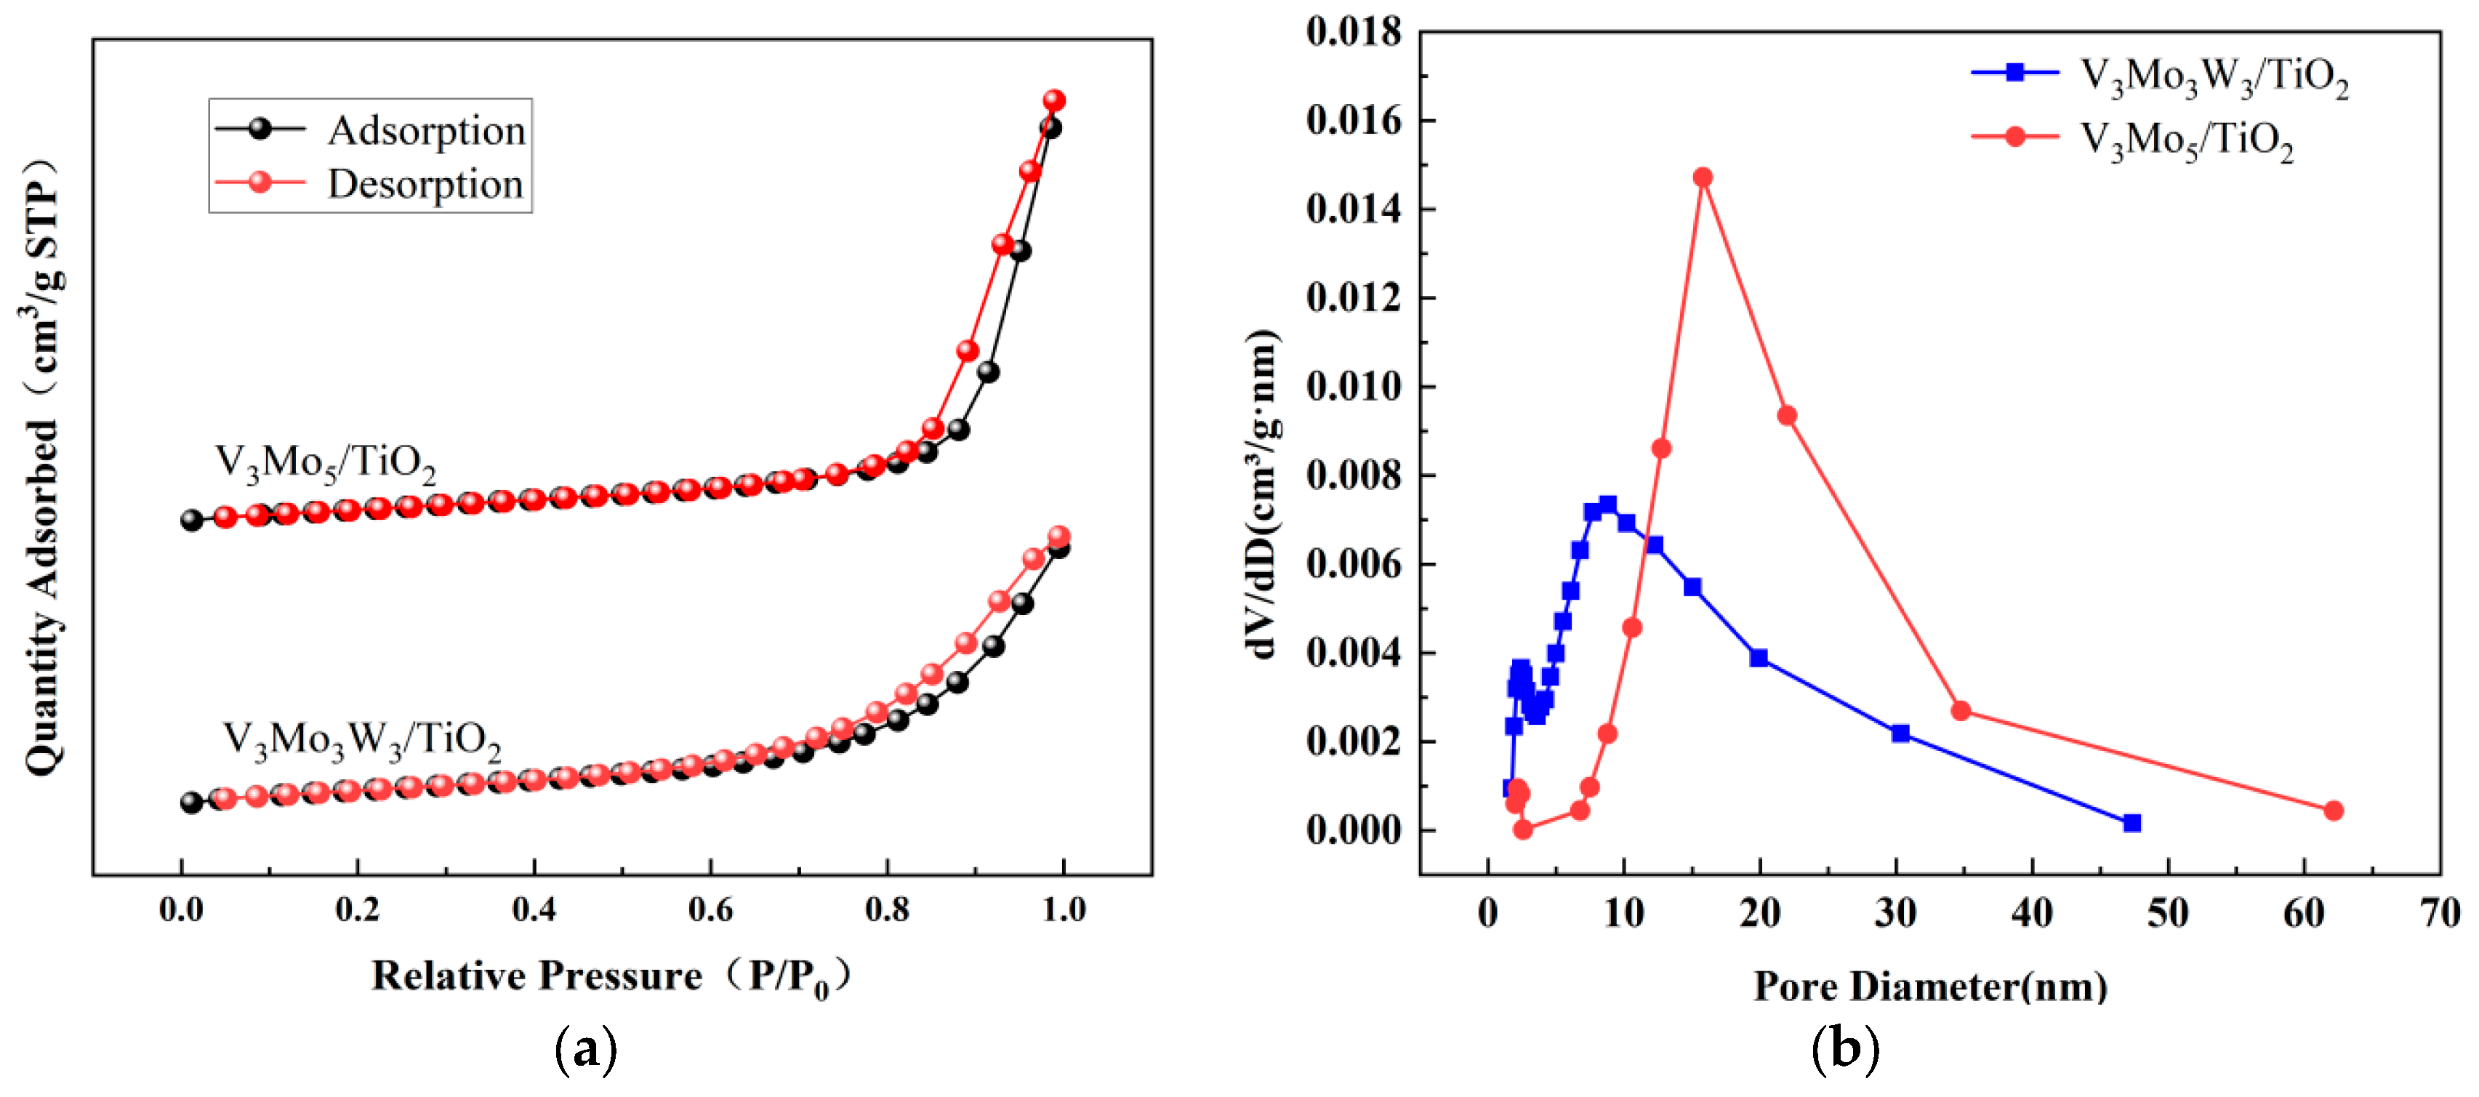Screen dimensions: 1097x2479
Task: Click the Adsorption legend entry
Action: (425, 130)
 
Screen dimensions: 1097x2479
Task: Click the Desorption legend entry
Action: (425, 184)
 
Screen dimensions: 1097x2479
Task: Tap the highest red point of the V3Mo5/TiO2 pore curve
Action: (1703, 177)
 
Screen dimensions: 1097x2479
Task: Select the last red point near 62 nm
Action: (2333, 811)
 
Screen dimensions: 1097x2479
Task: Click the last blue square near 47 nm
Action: (2132, 823)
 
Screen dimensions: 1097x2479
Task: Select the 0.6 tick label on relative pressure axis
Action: (710, 909)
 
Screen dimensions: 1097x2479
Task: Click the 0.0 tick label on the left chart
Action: (181, 909)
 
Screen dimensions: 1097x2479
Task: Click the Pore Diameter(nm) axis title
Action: (1929, 987)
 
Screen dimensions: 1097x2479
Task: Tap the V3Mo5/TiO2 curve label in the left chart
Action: (324, 463)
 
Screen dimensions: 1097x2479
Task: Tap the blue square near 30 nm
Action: (1900, 734)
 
